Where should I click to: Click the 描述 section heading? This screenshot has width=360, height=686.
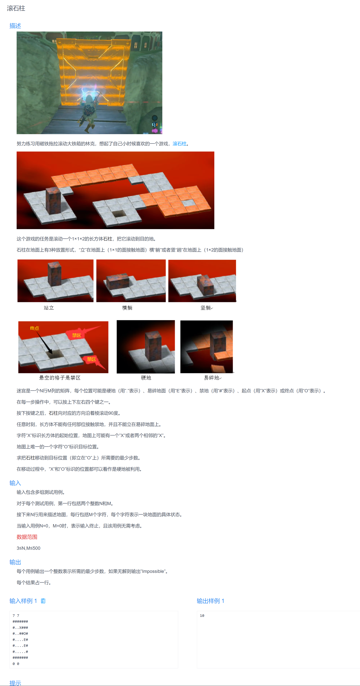[x=15, y=26]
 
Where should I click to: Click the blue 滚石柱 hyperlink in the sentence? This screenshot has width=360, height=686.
[x=180, y=144]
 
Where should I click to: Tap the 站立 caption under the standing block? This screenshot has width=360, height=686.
[x=49, y=308]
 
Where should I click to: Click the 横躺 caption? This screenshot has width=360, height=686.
[x=127, y=308]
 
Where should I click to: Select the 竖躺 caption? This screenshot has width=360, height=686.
[x=206, y=308]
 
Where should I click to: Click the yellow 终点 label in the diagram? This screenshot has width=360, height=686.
[x=34, y=328]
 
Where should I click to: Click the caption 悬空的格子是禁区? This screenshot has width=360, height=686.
[x=60, y=378]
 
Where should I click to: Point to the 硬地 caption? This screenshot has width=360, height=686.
[x=146, y=378]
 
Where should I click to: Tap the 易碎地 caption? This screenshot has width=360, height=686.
[x=212, y=378]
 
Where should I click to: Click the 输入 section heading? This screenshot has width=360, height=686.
[x=15, y=483]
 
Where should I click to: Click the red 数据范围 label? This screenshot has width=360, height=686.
[x=27, y=537]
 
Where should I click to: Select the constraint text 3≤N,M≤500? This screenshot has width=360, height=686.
[x=28, y=548]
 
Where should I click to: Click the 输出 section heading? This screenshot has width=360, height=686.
[x=15, y=562]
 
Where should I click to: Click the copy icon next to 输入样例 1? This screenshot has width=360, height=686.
[x=43, y=601]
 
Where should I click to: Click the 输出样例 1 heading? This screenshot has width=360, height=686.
[x=210, y=601]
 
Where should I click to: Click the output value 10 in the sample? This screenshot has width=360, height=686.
[x=202, y=616]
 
